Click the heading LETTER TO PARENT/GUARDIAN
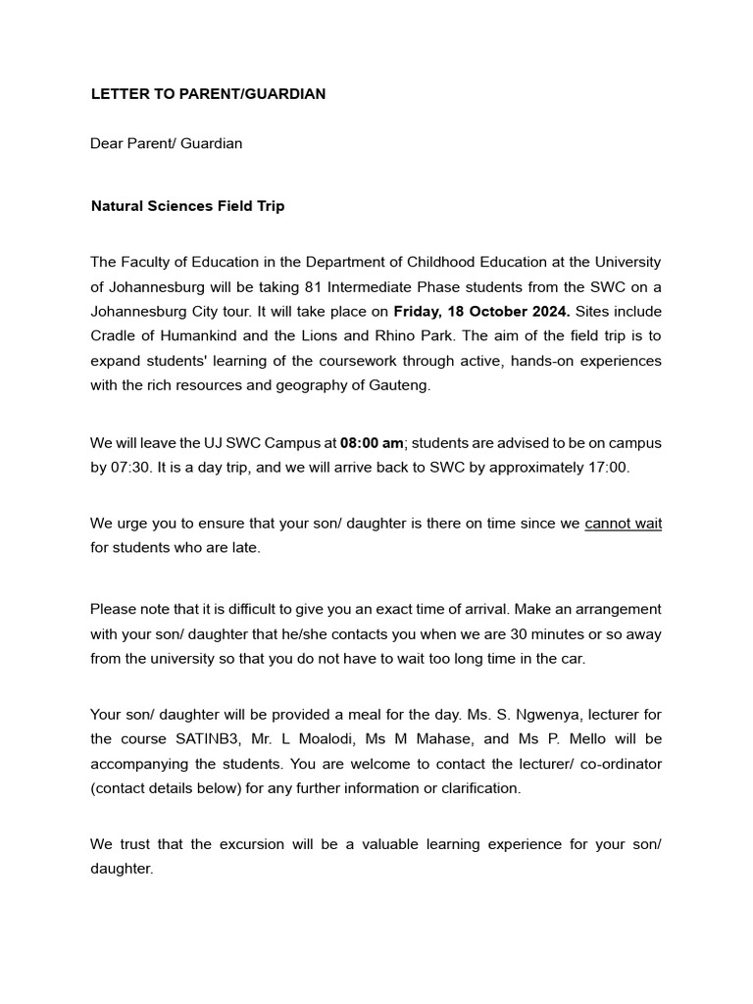(x=208, y=94)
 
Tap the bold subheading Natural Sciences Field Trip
(x=187, y=207)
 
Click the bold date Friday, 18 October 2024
(x=481, y=312)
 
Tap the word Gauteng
(x=397, y=385)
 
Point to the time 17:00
(x=607, y=467)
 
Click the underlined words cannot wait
(x=623, y=524)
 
